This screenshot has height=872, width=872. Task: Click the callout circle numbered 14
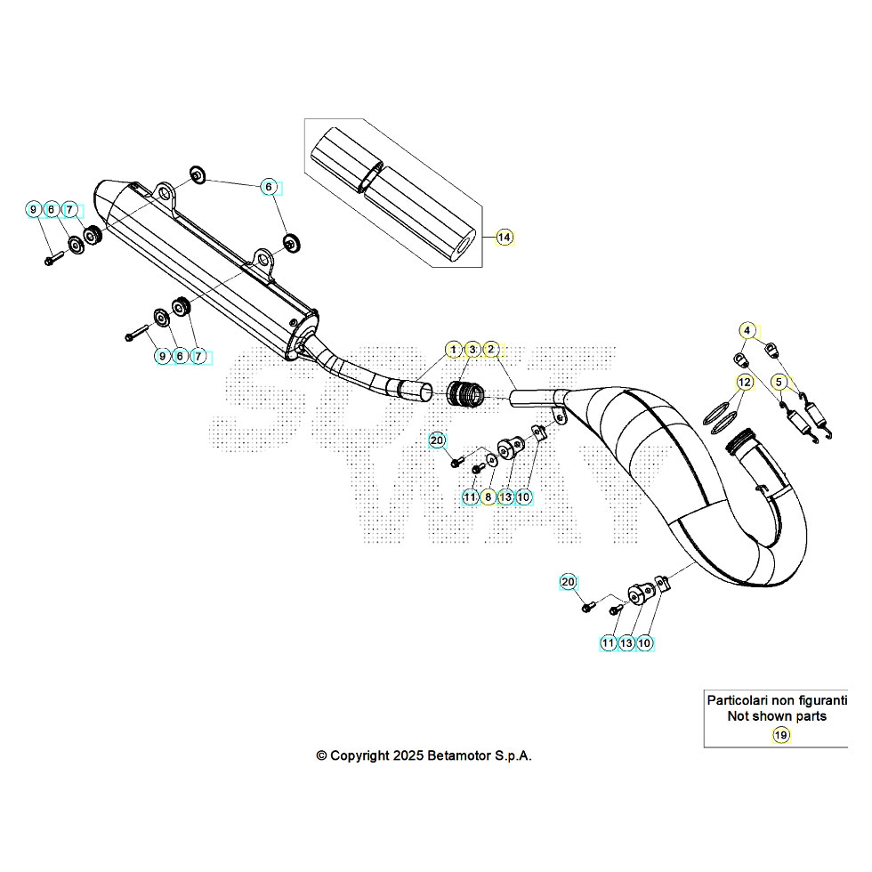pos(505,238)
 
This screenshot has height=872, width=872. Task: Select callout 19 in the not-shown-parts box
pos(780,735)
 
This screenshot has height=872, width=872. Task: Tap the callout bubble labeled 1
pos(454,349)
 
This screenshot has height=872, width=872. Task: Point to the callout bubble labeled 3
pos(472,349)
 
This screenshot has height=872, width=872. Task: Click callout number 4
pos(748,331)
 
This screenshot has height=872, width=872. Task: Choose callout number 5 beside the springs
pos(779,383)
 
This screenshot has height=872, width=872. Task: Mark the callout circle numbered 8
pos(488,497)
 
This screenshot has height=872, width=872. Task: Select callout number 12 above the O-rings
pos(745,383)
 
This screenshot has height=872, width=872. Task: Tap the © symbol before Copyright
pos(321,755)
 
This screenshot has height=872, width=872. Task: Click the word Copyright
pos(359,755)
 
